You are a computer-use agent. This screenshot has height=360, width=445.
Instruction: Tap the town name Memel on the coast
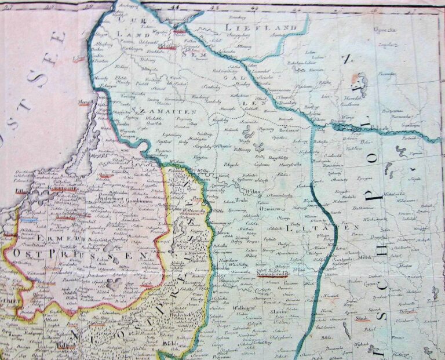pos(85,102)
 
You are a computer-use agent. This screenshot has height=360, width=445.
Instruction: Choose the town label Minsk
pos(365,257)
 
